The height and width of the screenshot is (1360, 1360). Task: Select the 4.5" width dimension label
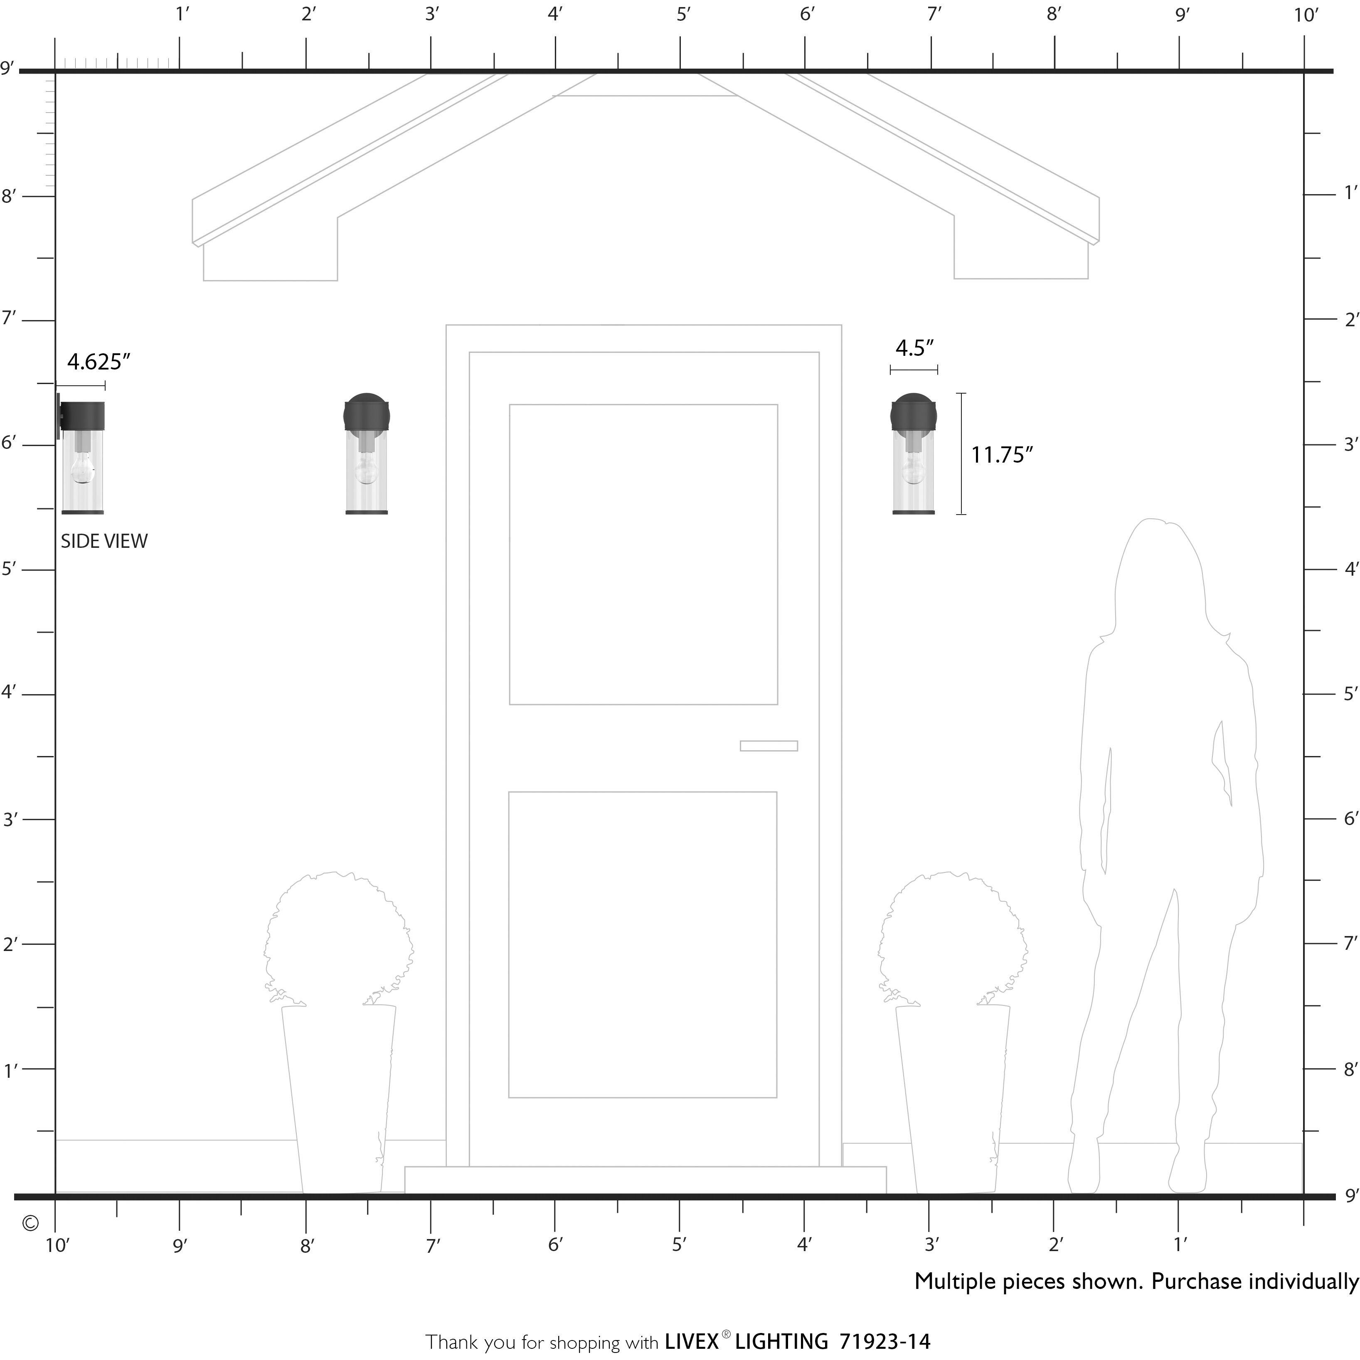[x=914, y=348]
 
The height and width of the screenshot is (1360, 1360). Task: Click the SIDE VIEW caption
[x=104, y=541]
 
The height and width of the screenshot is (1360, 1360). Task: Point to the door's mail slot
[x=769, y=746]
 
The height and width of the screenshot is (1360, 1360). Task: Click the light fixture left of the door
[x=367, y=453]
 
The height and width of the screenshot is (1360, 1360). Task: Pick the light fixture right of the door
[x=914, y=453]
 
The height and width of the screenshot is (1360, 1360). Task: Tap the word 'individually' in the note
[x=1303, y=1282]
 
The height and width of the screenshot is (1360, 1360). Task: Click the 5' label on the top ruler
[x=683, y=14]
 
